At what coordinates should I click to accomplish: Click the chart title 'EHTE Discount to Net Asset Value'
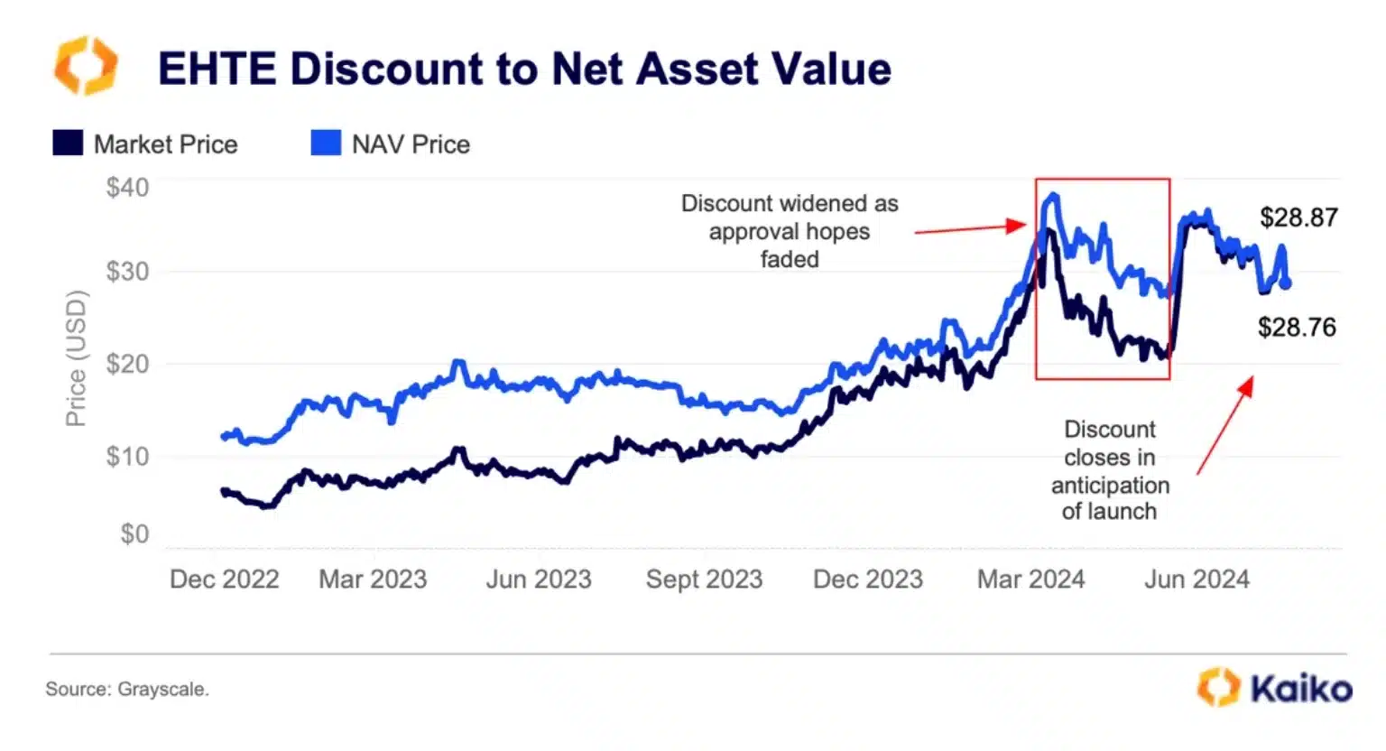(x=524, y=70)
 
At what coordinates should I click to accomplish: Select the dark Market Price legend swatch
(x=68, y=144)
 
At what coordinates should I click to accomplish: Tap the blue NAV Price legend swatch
(x=326, y=144)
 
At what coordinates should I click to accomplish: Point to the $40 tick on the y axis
(x=127, y=188)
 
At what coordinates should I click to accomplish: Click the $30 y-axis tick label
(x=127, y=272)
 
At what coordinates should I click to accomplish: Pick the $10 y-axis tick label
(x=127, y=457)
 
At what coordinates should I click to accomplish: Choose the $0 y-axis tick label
(x=134, y=534)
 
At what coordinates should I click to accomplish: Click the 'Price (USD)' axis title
(x=76, y=358)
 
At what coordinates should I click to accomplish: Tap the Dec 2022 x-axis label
(x=224, y=579)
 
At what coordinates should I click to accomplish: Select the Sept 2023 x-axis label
(x=704, y=579)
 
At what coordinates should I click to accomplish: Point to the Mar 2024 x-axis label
(x=1030, y=579)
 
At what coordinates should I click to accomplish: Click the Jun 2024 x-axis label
(x=1197, y=579)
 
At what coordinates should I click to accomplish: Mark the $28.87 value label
(x=1298, y=218)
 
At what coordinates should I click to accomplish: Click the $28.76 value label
(x=1297, y=327)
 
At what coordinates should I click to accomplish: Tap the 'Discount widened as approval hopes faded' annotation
(x=790, y=231)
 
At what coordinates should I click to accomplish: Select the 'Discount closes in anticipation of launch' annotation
(x=1110, y=470)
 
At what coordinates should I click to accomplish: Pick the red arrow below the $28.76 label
(x=1225, y=425)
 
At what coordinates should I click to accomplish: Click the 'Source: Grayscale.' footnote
(x=127, y=690)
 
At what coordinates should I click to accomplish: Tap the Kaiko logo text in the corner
(x=1300, y=689)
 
